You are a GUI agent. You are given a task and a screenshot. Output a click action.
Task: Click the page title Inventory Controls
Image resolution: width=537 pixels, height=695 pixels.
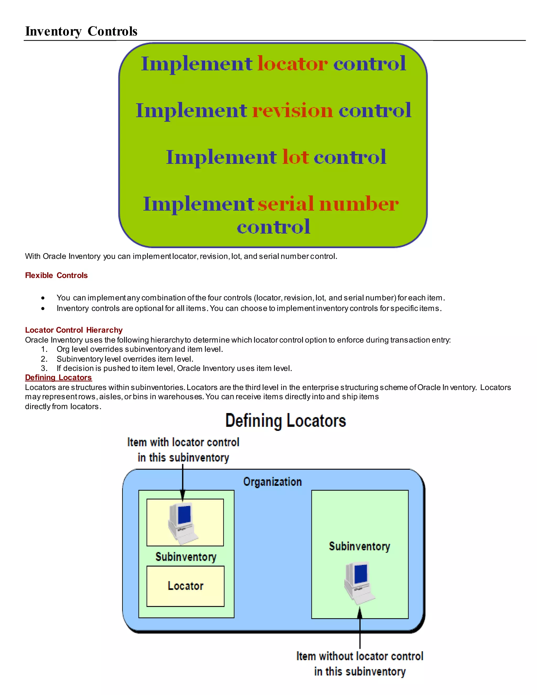pyautogui.click(x=81, y=31)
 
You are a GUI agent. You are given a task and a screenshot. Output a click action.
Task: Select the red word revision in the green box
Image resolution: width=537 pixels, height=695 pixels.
pyautogui.click(x=292, y=110)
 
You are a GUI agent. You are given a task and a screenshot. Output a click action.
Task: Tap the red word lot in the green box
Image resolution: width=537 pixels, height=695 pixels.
pyautogui.click(x=295, y=157)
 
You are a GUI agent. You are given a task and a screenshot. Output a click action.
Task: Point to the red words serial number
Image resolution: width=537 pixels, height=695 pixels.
pyautogui.click(x=328, y=204)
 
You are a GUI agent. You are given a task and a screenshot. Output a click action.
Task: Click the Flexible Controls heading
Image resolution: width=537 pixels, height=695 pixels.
pyautogui.click(x=56, y=275)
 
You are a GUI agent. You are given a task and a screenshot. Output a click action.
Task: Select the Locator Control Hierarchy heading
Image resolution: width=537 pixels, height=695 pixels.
pyautogui.click(x=74, y=330)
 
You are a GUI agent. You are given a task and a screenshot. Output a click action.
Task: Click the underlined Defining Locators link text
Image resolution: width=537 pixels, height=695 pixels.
pyautogui.click(x=58, y=377)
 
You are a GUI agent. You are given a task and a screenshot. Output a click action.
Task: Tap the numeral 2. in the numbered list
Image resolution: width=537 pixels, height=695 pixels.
pyautogui.click(x=44, y=359)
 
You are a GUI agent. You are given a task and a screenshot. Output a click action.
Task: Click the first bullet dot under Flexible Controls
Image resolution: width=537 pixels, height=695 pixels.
pyautogui.click(x=43, y=298)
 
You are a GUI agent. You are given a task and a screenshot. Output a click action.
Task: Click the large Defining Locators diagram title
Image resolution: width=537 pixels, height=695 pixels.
pyautogui.click(x=285, y=421)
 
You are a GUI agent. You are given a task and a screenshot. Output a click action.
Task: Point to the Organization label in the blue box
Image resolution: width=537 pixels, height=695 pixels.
pyautogui.click(x=272, y=482)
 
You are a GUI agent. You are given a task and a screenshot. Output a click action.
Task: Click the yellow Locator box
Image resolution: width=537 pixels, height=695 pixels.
pyautogui.click(x=185, y=586)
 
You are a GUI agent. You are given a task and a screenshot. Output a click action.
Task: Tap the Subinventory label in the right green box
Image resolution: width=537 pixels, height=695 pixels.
pyautogui.click(x=359, y=546)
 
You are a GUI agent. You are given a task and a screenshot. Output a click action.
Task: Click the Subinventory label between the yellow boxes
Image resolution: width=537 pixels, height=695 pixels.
pyautogui.click(x=186, y=557)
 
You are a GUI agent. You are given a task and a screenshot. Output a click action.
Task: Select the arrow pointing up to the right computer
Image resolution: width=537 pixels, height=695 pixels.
pyautogui.click(x=360, y=628)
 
